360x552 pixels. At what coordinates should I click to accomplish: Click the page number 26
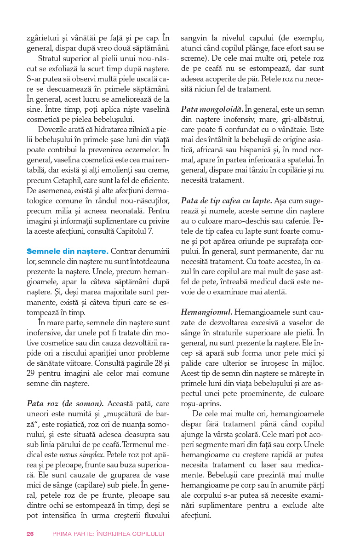[x=30, y=534]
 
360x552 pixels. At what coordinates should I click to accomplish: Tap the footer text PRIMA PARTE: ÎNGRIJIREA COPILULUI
[x=108, y=534]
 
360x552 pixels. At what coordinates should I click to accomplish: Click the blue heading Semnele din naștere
[x=68, y=251]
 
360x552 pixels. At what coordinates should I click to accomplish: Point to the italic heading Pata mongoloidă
[x=211, y=109]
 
